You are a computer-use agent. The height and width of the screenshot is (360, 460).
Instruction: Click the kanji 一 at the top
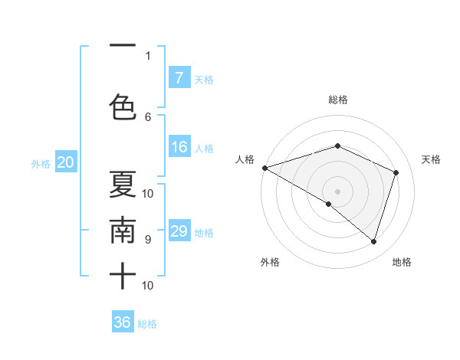tap(122, 45)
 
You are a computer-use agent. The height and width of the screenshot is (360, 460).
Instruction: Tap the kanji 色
tap(122, 106)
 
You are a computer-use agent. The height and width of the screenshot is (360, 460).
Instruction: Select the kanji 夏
tap(122, 185)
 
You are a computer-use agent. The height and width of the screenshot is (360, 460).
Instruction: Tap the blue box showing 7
tap(179, 78)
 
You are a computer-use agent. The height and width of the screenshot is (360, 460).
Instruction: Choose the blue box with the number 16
tap(179, 147)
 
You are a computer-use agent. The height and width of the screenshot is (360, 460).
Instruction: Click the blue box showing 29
tap(179, 231)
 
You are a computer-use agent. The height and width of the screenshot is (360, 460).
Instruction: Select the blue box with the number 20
tap(65, 162)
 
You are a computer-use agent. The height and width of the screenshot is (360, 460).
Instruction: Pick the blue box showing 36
tap(123, 322)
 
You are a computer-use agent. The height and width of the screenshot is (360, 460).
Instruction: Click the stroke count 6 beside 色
tap(148, 116)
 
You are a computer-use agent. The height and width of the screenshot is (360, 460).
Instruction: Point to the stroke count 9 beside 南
tap(148, 239)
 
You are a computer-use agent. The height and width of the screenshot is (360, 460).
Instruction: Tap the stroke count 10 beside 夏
tap(148, 193)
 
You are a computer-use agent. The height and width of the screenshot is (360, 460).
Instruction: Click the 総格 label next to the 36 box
tap(147, 324)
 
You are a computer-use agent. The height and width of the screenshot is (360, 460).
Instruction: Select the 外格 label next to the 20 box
tap(41, 163)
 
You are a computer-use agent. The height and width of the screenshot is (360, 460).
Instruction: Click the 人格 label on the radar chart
tap(245, 159)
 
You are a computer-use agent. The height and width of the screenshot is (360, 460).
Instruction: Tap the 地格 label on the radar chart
tap(402, 262)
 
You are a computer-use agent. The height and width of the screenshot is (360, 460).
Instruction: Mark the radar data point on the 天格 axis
tap(396, 172)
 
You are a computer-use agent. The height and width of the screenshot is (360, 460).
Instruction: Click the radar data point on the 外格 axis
tap(329, 204)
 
